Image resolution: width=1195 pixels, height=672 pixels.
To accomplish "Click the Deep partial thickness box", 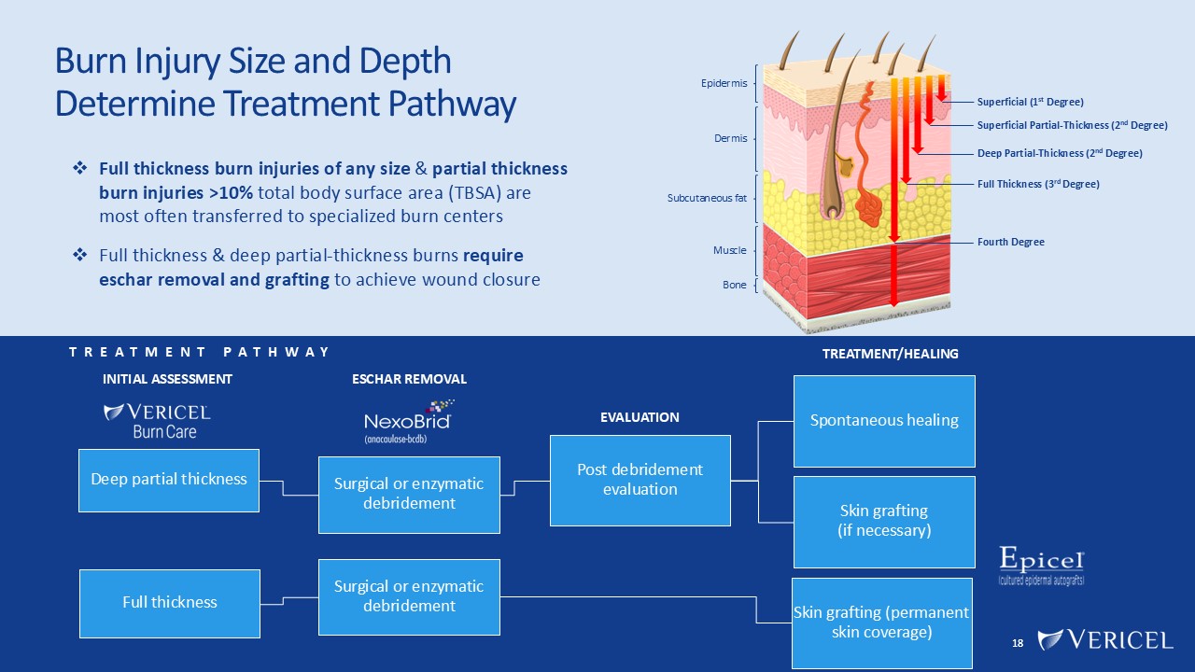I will coord(169,479).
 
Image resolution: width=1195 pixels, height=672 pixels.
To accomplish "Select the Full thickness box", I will coord(169,603).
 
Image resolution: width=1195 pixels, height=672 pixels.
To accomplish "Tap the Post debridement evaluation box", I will coord(640,480).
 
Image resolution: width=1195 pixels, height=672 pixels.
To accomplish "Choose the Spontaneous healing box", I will coord(884,420).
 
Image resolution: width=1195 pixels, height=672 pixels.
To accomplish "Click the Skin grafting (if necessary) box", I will coord(884,521).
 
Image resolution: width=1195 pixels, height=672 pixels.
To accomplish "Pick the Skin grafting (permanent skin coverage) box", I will coord(881,623).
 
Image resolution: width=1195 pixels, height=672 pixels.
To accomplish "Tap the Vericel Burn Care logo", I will coord(156,421).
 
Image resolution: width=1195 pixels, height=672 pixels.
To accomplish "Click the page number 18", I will coord(1018,643).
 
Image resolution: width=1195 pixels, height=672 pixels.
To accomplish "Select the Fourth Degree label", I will coord(1010,242).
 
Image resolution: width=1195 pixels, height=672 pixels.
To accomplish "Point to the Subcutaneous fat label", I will coord(707,198).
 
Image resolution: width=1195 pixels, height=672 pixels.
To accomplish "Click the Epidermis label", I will coord(724,84).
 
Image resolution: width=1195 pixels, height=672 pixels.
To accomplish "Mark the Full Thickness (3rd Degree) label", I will coord(1038,185).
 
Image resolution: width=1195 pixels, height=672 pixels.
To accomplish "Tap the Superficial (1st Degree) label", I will coord(1030,102).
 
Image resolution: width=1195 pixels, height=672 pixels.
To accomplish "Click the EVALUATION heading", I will coord(640,417).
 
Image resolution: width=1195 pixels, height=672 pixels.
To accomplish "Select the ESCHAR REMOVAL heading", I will coord(409,379).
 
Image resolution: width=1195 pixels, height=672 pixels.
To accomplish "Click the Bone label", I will coord(734,285).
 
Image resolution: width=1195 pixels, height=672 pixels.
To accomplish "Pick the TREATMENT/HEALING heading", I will coord(890,354).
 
